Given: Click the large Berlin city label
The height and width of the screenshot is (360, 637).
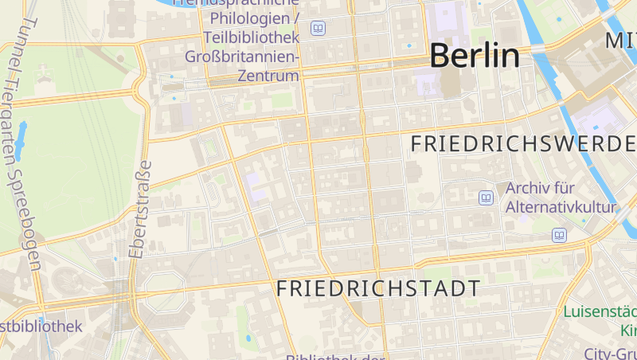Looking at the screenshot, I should click(475, 56).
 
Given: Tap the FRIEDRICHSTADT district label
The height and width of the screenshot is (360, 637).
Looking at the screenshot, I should click(379, 288).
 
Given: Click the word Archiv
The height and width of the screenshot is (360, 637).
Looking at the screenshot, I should click(530, 190).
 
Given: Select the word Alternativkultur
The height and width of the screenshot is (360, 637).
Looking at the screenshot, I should click(561, 208).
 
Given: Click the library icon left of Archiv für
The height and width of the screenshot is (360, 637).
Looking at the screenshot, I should click(486, 198).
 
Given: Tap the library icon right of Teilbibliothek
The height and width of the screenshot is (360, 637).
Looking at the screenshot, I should click(318, 29).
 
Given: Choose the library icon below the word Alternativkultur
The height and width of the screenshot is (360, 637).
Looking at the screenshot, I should click(560, 235).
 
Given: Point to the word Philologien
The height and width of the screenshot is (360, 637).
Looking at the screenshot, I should click(246, 18).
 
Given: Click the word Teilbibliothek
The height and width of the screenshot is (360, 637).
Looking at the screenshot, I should click(252, 37).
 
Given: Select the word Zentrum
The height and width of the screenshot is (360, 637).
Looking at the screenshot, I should click(268, 76).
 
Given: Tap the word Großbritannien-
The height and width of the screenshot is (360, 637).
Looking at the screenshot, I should click(242, 57).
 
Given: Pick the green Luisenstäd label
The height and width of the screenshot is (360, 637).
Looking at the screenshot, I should click(601, 311).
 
